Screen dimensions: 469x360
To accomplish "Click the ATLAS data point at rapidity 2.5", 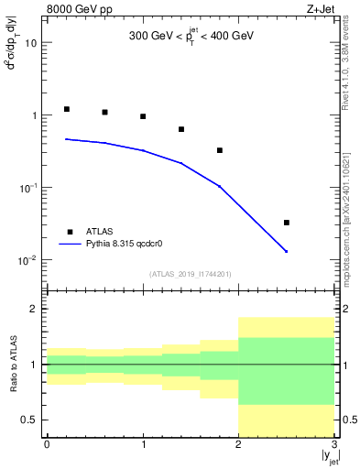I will (287, 223).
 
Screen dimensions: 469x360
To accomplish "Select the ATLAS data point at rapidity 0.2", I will (66, 109).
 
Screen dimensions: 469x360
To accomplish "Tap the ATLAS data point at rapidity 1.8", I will (220, 150).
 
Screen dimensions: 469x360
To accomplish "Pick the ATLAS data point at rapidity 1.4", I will (181, 129).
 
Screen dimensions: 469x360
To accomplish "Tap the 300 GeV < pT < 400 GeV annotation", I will (191, 38).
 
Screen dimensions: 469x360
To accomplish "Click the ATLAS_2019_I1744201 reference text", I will (191, 274).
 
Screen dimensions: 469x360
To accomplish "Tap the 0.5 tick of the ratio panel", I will (30, 420).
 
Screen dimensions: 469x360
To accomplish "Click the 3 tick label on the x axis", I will (334, 444).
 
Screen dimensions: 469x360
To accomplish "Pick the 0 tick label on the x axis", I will (47, 444).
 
